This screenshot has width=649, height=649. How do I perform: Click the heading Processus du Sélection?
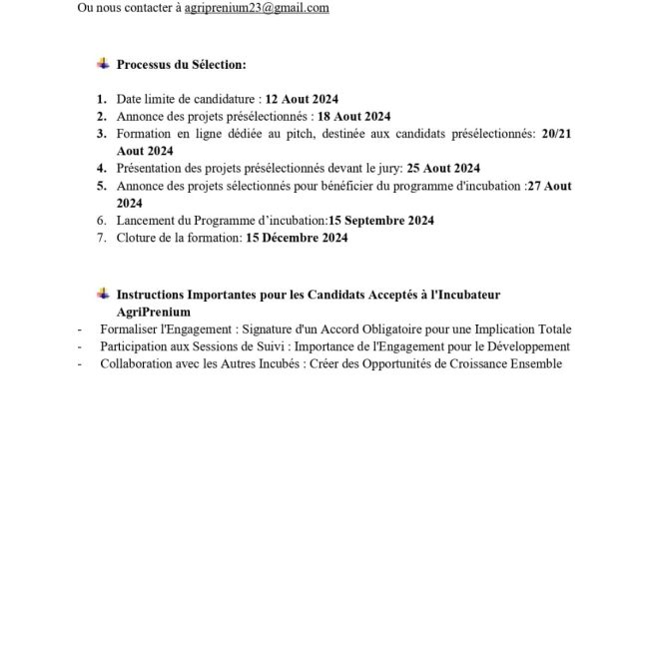tap(181, 65)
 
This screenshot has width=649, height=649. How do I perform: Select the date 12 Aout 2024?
tap(303, 100)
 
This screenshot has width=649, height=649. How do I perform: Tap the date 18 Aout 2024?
tap(354, 117)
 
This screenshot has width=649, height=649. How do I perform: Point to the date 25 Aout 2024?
tap(444, 168)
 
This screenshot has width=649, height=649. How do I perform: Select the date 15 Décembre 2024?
tap(297, 238)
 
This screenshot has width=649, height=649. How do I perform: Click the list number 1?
tap(101, 100)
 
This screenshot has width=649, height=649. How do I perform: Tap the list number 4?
tap(101, 168)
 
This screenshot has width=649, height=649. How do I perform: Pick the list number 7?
tap(101, 238)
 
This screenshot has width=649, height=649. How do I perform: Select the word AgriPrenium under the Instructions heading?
tap(150, 312)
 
